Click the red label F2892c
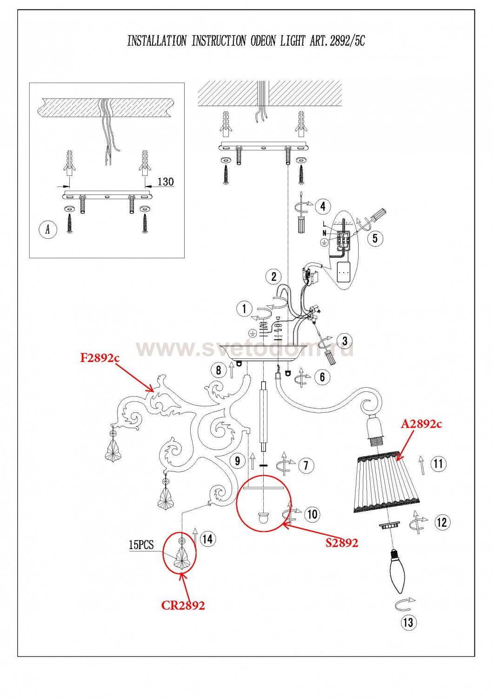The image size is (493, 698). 100,358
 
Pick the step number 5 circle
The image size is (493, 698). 375,238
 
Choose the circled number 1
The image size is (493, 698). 244,309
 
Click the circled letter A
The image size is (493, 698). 48,230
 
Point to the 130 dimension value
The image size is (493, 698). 165,181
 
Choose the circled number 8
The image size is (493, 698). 219,370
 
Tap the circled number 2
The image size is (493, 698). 274,276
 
